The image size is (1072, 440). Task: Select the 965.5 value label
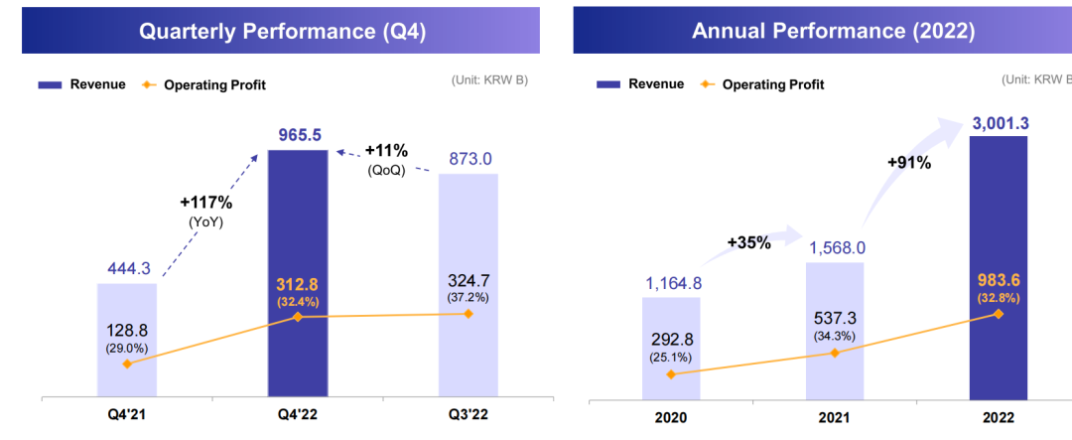click(x=299, y=135)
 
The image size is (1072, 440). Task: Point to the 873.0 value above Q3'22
click(x=469, y=158)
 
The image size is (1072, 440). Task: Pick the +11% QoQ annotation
click(x=385, y=151)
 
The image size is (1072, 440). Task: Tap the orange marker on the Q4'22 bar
click(x=298, y=317)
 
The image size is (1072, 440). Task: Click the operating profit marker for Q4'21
click(x=126, y=364)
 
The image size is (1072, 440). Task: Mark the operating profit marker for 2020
click(x=671, y=373)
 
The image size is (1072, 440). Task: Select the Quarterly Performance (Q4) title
click(x=282, y=31)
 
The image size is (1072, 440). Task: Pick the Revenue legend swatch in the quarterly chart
click(x=50, y=84)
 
